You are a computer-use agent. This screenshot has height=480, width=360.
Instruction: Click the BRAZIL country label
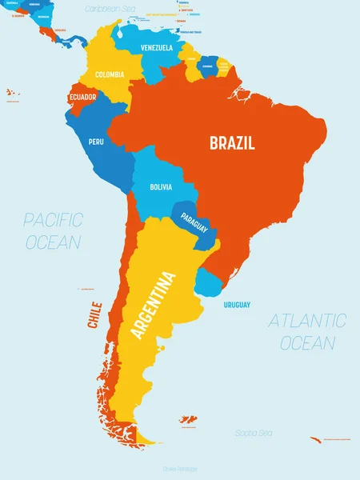click(x=232, y=144)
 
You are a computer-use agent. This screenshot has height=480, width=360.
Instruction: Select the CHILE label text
click(x=95, y=314)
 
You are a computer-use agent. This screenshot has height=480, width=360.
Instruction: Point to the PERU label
click(x=96, y=142)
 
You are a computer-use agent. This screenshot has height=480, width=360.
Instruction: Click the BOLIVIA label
click(x=160, y=186)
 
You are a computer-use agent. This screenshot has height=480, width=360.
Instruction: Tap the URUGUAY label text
click(x=237, y=305)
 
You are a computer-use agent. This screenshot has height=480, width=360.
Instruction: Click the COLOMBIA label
click(x=110, y=74)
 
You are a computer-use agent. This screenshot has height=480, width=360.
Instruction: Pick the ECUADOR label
click(x=83, y=98)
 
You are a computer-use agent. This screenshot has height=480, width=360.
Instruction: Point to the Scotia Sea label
click(x=254, y=433)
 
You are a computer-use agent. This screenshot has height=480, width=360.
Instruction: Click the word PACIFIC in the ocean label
click(x=53, y=218)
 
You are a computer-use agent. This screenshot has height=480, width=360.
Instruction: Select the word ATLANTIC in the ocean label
click(x=307, y=321)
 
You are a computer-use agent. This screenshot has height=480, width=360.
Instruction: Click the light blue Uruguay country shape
click(x=210, y=282)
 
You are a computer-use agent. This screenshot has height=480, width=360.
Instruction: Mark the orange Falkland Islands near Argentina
click(x=189, y=418)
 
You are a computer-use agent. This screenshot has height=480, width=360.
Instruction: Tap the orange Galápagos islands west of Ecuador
click(x=12, y=94)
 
